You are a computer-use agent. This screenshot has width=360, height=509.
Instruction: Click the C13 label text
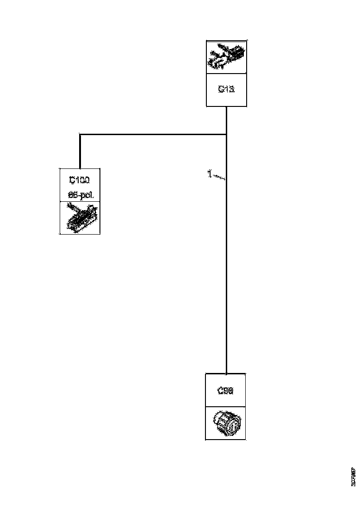(226, 90)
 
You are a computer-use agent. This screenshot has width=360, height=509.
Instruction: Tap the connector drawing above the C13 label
(226, 57)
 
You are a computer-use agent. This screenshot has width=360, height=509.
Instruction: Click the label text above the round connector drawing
(225, 391)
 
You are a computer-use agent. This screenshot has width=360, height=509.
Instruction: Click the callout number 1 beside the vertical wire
(209, 174)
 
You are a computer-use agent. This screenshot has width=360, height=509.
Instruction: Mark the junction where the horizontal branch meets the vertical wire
(226, 135)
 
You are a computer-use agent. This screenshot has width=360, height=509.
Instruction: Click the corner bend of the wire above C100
(80, 135)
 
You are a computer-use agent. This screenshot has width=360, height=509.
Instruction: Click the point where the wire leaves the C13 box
(226, 107)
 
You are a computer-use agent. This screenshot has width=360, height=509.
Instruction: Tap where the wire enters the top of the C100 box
(80, 168)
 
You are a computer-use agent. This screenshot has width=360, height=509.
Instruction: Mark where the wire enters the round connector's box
(226, 374)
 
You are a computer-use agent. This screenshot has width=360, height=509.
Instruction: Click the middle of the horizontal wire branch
(153, 135)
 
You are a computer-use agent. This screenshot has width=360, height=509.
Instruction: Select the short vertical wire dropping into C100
(80, 151)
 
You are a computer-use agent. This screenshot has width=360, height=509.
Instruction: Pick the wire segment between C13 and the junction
(226, 120)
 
